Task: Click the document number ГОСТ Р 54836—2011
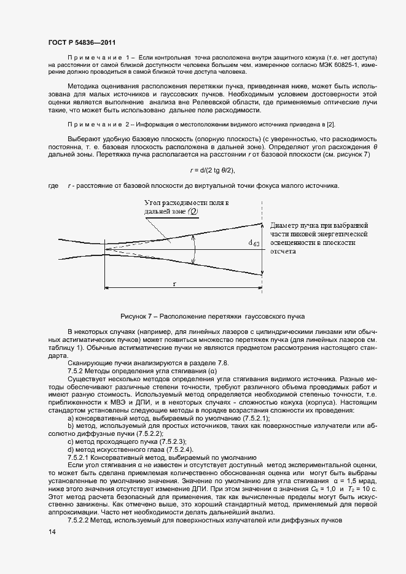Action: (82, 42)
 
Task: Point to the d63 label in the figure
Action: (254, 243)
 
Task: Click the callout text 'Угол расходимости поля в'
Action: (186, 203)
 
